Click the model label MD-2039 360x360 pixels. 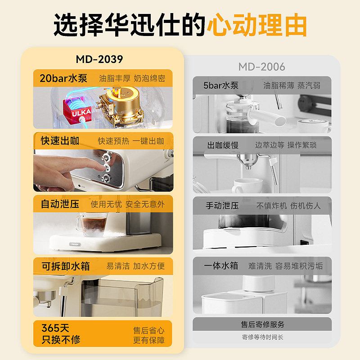tap(99, 59)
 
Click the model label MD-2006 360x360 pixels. tap(262, 67)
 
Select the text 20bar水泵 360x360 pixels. tap(63, 78)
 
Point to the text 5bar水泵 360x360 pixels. tap(221, 85)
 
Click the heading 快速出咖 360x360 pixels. tap(60, 141)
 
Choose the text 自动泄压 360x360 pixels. tap(60, 204)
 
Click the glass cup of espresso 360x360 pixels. tap(92, 224)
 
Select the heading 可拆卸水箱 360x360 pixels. tap(66, 266)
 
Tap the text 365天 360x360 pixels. tap(55, 328)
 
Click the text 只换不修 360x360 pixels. tap(61, 340)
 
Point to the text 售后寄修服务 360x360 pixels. tap(262, 324)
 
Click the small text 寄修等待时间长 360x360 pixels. tap(262, 337)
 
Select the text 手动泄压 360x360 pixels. tap(222, 206)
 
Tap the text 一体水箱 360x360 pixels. tap(221, 265)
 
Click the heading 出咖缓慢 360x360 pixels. tap(223, 145)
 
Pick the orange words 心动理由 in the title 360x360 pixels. tap(257, 25)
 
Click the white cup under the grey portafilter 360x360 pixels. tap(247, 185)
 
